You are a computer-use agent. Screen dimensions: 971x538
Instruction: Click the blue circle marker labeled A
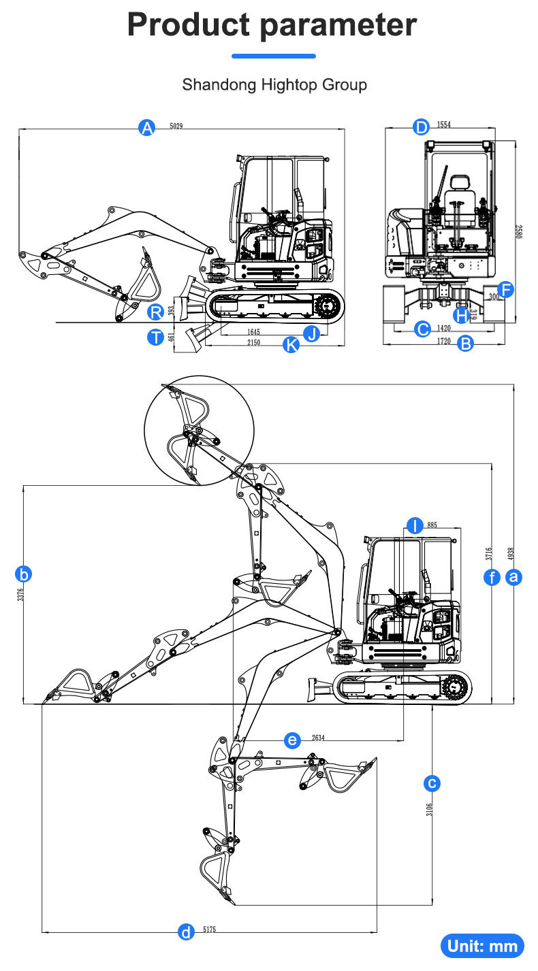[146, 127]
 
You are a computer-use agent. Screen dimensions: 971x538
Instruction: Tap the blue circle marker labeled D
[422, 127]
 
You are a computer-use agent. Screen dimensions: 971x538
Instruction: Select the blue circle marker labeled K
[291, 344]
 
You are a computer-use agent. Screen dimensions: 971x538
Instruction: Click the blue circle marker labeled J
[312, 333]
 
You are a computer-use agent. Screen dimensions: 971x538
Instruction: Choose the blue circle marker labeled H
[462, 315]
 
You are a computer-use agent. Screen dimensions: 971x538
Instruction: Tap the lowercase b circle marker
[24, 574]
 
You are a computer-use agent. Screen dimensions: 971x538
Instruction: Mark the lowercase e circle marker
[292, 740]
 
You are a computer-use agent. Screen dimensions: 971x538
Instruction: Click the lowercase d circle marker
[185, 932]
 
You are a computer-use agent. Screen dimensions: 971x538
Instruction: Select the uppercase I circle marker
[415, 525]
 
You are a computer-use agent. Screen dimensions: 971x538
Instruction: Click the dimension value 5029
[176, 126]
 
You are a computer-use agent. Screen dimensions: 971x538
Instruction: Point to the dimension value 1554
[444, 125]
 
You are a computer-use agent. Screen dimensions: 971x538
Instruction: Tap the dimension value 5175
[210, 930]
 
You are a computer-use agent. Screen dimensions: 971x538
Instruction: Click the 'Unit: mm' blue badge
[483, 946]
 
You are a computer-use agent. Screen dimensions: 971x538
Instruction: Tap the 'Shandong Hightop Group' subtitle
[274, 85]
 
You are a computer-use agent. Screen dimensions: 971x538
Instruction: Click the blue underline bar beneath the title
[274, 56]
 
